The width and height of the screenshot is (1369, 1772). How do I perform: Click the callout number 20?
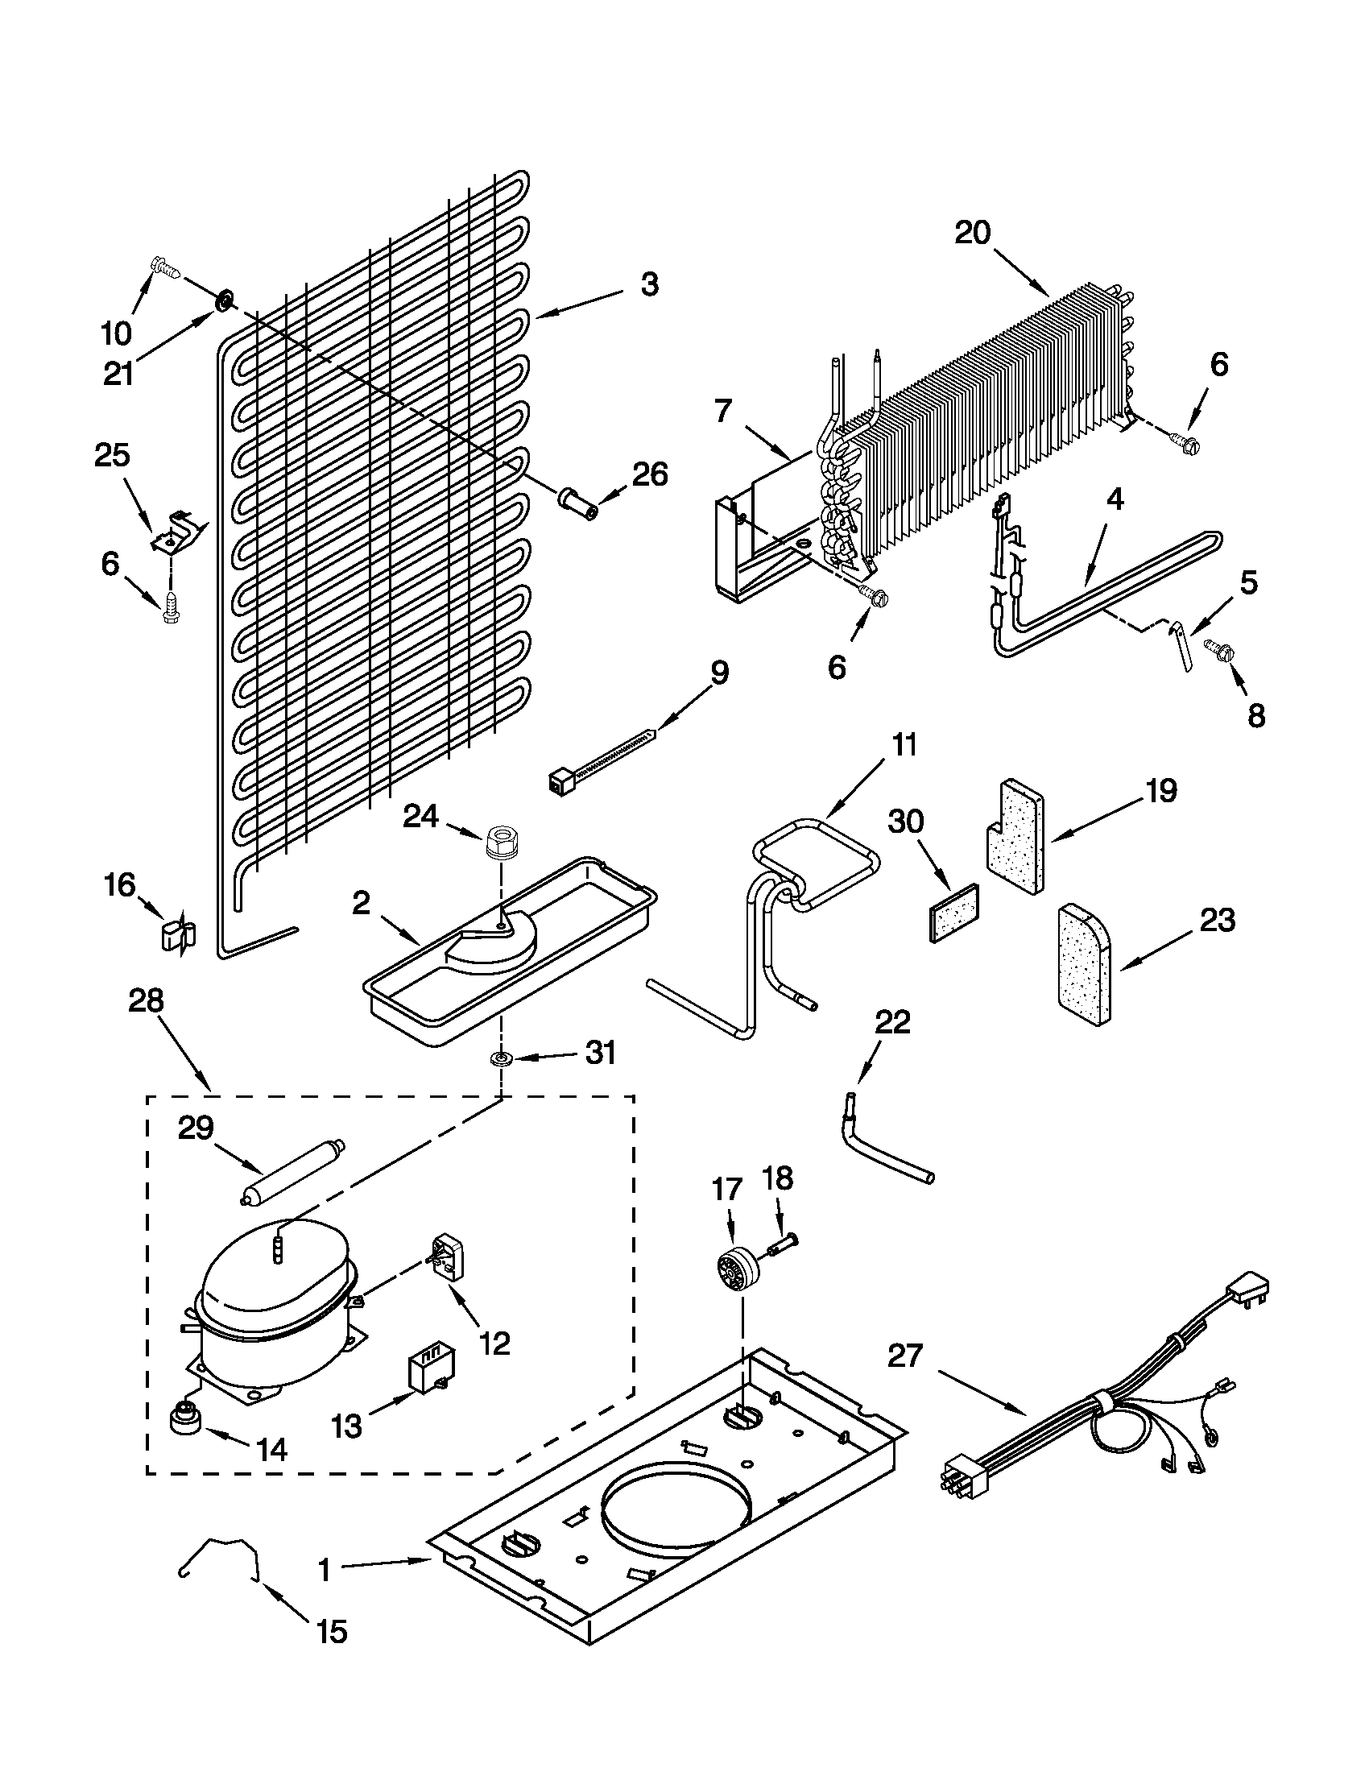coord(973,233)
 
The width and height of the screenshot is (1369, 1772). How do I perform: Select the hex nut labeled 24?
coord(502,843)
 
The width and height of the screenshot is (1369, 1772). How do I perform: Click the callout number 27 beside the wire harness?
coord(905,1355)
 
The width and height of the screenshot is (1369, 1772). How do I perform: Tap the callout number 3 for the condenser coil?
coord(650,285)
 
